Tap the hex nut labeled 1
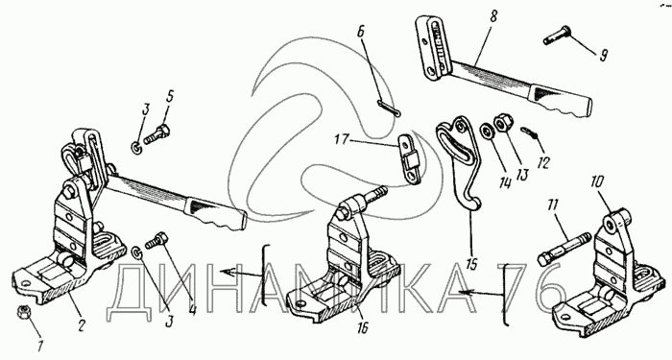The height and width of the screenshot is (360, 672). point(22,312)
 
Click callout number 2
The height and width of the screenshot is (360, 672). point(82,327)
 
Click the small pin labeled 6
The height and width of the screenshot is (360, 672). point(389,108)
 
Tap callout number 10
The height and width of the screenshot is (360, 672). point(598,182)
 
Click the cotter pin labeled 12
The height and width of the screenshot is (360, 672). point(531,132)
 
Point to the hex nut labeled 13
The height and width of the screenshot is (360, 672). point(502,123)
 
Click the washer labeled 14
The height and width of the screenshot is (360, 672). point(487,131)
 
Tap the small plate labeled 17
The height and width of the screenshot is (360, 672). point(410,159)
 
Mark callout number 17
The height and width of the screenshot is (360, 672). point(343,140)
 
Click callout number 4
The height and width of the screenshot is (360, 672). point(192,309)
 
